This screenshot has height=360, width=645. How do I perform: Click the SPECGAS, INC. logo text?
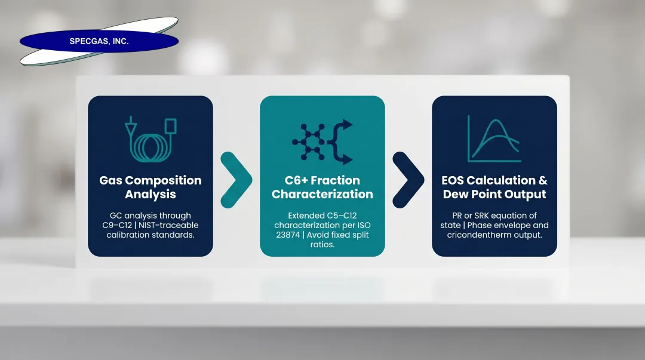point(99,42)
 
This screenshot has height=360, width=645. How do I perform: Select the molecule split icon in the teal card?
point(322,142)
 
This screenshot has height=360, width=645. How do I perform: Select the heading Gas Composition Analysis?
point(150,187)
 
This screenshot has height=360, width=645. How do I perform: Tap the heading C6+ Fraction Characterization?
point(322,187)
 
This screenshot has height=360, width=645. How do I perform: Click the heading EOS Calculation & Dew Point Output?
point(494,187)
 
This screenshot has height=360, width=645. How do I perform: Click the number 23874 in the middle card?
point(287,235)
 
